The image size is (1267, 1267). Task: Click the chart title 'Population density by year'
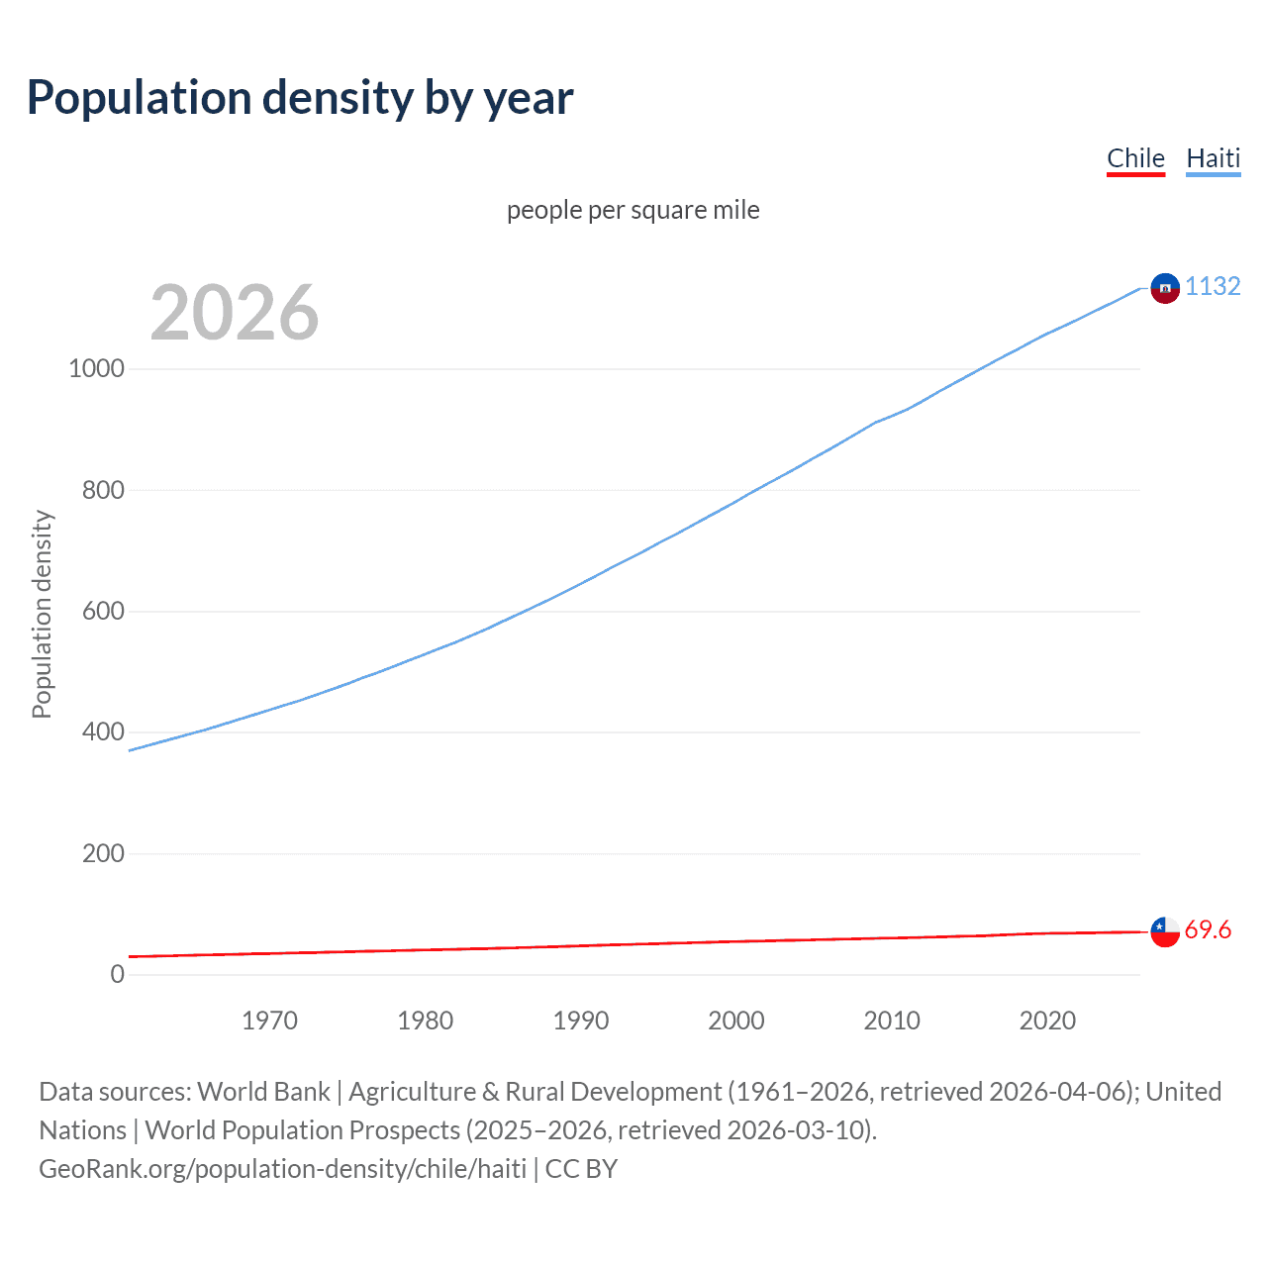[x=300, y=98]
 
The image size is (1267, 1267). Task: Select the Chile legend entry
[x=1135, y=158]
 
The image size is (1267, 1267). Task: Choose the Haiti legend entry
[x=1213, y=158]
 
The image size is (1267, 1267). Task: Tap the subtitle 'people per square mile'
[x=633, y=210]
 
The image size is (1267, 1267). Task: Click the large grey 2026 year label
[x=235, y=313]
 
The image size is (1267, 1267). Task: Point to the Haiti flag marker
[x=1165, y=288]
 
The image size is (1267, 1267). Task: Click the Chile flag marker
[x=1165, y=931]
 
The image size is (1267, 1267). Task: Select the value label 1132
[x=1213, y=286]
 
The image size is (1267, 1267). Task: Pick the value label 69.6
[x=1208, y=930]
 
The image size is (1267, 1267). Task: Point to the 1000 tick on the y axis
[x=96, y=369]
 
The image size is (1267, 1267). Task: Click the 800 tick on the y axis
[x=103, y=490]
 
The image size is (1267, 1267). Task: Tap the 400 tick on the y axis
[x=103, y=732]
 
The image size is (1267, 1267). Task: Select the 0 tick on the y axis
[x=118, y=974]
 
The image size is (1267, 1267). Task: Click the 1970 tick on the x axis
[x=269, y=1021]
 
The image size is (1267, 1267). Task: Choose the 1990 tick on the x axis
[x=581, y=1021]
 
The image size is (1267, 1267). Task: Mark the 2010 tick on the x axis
[x=892, y=1021]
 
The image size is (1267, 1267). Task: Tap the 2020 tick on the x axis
[x=1047, y=1021]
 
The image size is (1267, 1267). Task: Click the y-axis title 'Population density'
[x=42, y=614]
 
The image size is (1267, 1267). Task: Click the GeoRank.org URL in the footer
[x=282, y=1169]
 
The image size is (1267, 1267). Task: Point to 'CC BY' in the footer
[x=581, y=1169]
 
